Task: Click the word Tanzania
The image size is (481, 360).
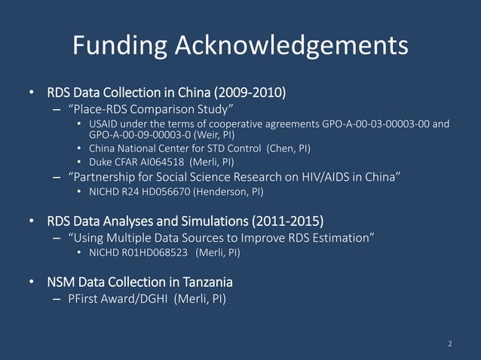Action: click(202, 282)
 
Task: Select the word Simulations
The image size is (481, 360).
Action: click(210, 221)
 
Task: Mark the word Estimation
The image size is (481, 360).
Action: click(337, 239)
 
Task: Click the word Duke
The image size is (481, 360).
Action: click(100, 162)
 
